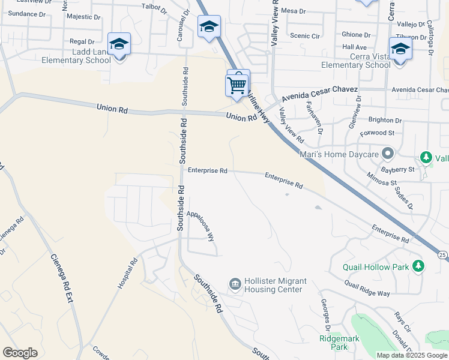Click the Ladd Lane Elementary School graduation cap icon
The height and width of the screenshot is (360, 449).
(x=119, y=44)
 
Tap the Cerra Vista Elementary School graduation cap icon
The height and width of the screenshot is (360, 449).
(x=400, y=49)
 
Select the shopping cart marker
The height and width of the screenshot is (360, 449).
(x=237, y=85)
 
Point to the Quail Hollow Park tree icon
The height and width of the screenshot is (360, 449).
(x=418, y=266)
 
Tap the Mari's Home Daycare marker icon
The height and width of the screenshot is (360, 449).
(x=388, y=154)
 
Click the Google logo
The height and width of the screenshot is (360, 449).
(x=20, y=353)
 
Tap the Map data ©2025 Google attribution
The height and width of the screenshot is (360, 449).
(x=411, y=355)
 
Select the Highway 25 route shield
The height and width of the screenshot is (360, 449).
(x=441, y=254)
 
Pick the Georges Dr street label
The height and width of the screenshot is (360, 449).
(x=325, y=315)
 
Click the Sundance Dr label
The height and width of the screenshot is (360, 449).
(x=23, y=13)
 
